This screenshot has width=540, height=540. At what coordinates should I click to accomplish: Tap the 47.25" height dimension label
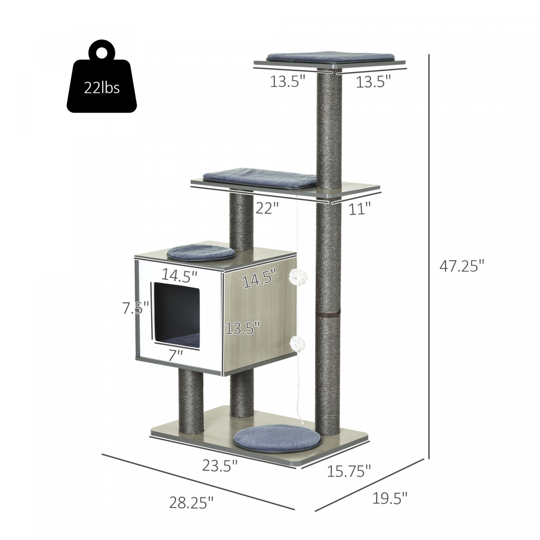pos(462,267)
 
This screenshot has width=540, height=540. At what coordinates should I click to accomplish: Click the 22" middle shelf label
pos(267,208)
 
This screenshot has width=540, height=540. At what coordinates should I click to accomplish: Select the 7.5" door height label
pos(135,308)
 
